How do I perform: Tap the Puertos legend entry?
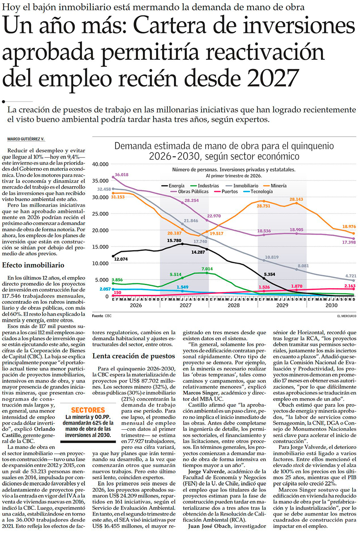coord(226,192)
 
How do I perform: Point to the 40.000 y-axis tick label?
coord(100,164)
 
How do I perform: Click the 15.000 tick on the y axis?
coord(100,247)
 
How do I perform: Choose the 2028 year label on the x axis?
coord(234,305)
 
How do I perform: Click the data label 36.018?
coord(122,175)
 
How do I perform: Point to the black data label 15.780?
coord(174,241)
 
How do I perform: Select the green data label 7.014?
coord(207,269)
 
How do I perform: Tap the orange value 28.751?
coord(264,206)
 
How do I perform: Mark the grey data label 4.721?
coord(351,276)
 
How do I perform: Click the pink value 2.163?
coord(350,286)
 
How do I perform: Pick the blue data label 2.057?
coord(105,289)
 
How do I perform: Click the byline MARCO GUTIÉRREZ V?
coord(26,139)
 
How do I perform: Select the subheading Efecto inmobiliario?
coord(33,265)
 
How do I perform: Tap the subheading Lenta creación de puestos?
coord(133,356)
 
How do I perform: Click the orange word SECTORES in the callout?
coord(88,410)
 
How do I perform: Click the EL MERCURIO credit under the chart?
coord(347,316)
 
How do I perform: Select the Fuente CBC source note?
coord(102,316)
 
